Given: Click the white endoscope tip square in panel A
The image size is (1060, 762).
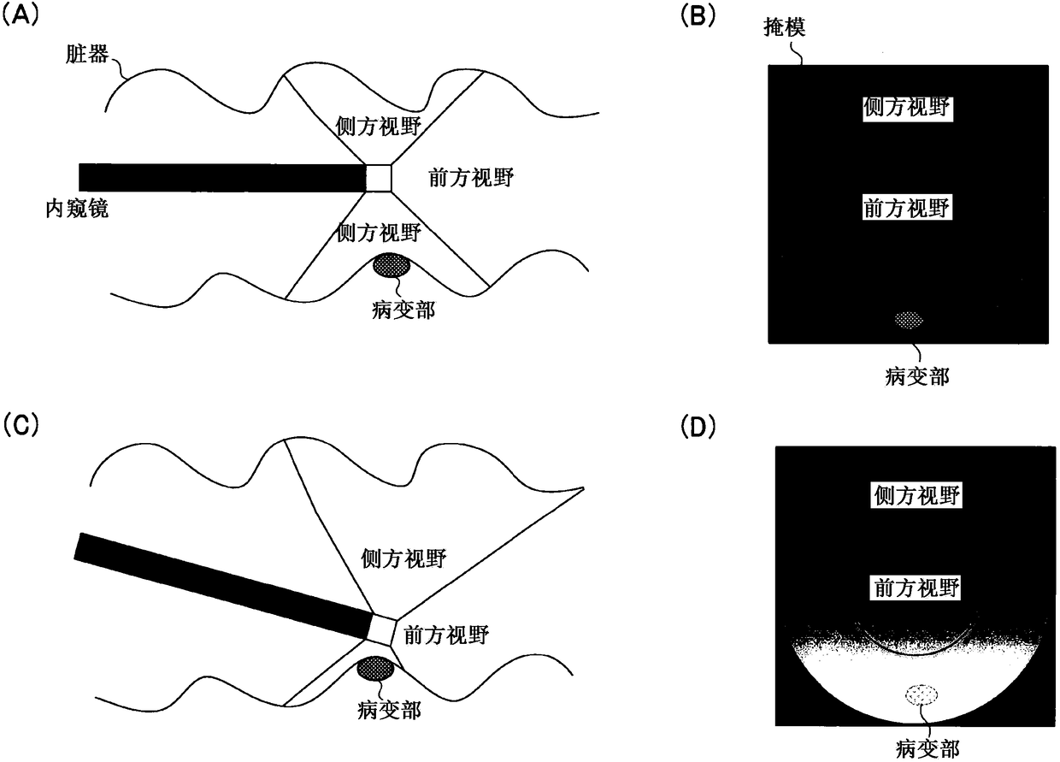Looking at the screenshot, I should pos(379,177).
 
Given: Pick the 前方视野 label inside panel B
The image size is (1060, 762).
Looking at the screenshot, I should pos(907,208).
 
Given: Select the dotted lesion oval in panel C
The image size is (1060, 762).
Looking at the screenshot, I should pos(375,669).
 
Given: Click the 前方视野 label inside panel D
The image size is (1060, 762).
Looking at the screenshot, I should pos(915,588).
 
